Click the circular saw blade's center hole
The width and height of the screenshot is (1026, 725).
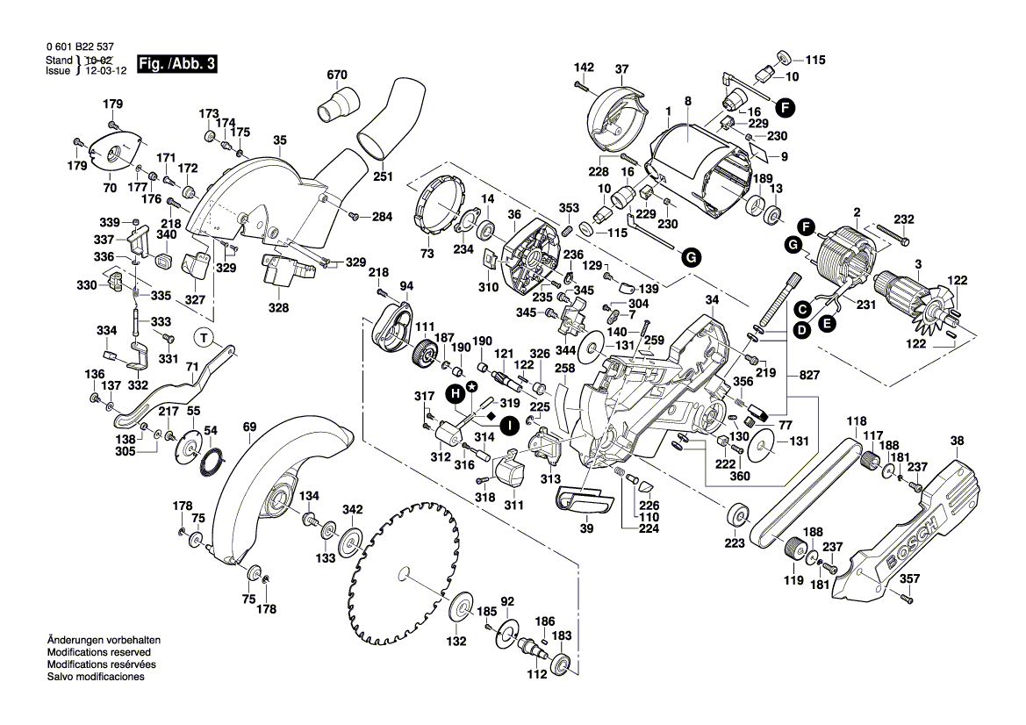point(403,573)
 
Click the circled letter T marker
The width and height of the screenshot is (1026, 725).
point(203,337)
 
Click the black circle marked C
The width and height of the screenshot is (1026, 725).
point(801,309)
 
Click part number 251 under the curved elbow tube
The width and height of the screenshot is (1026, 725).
point(383,176)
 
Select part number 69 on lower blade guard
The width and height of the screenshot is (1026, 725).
point(250,427)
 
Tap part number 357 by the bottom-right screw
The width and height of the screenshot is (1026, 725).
point(910,578)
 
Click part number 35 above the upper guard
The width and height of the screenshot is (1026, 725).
point(280,140)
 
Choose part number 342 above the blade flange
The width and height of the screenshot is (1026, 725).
point(352,510)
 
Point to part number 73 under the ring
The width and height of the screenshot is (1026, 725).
point(427,254)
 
